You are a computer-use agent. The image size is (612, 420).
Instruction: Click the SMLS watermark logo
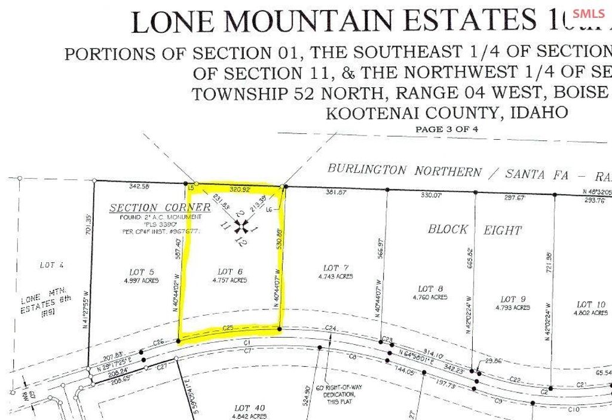[x=588, y=14]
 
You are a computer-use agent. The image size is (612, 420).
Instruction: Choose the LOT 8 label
[x=430, y=289]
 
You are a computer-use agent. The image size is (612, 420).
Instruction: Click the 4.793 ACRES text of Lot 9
[x=513, y=308]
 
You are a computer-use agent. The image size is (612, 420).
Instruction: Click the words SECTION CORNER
[x=160, y=207]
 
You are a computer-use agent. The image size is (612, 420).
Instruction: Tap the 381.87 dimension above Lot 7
[x=336, y=192]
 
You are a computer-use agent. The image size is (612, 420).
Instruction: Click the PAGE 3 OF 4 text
[x=446, y=129]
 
